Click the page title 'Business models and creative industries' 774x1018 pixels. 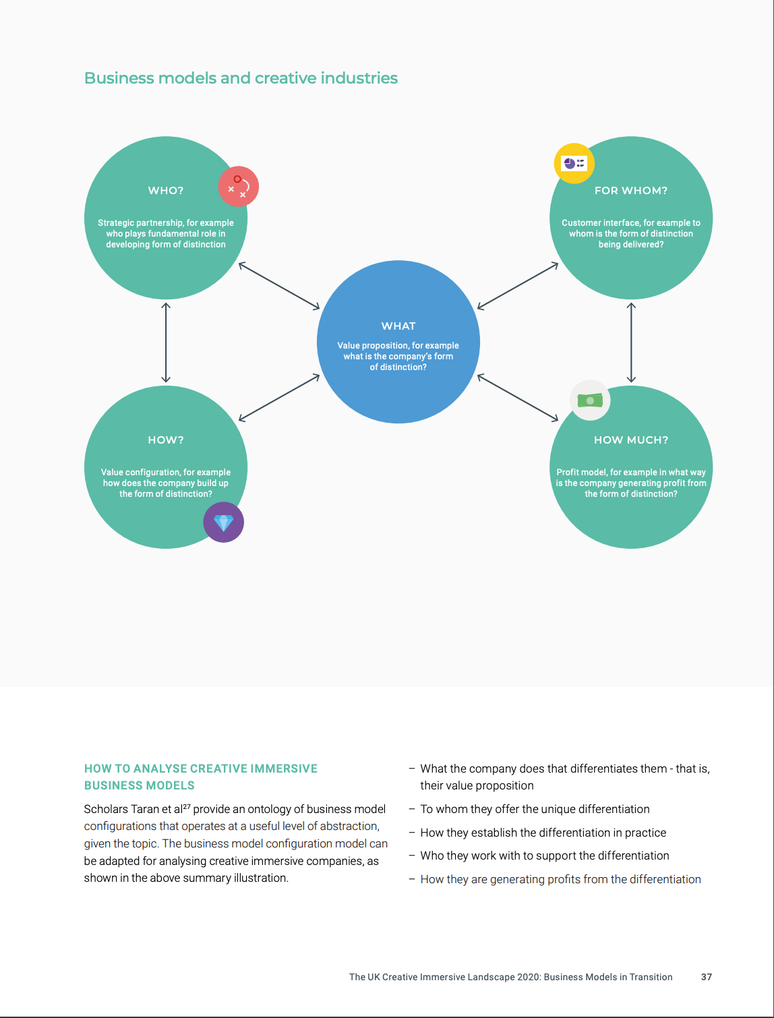point(241,78)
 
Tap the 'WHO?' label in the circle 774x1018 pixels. point(166,191)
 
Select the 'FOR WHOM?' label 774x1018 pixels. point(630,191)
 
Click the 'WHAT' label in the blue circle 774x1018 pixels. point(398,326)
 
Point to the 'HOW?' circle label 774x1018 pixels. point(166,440)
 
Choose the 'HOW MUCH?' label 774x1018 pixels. point(630,440)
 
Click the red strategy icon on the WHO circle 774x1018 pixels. point(239,187)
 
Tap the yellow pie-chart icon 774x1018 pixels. point(574,163)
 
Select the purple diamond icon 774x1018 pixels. point(224,522)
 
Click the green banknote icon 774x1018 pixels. point(590,400)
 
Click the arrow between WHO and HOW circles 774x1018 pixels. point(166,342)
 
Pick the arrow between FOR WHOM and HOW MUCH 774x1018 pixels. point(630,342)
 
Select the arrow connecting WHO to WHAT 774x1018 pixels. point(279,286)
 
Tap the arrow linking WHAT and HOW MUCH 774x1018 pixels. point(518,398)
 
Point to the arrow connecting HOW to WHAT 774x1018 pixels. point(279,398)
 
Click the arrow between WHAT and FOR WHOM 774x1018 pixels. point(518,286)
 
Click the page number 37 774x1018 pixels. point(707,977)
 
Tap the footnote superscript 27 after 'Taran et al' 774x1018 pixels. point(187,806)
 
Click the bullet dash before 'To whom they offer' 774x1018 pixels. point(412,809)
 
